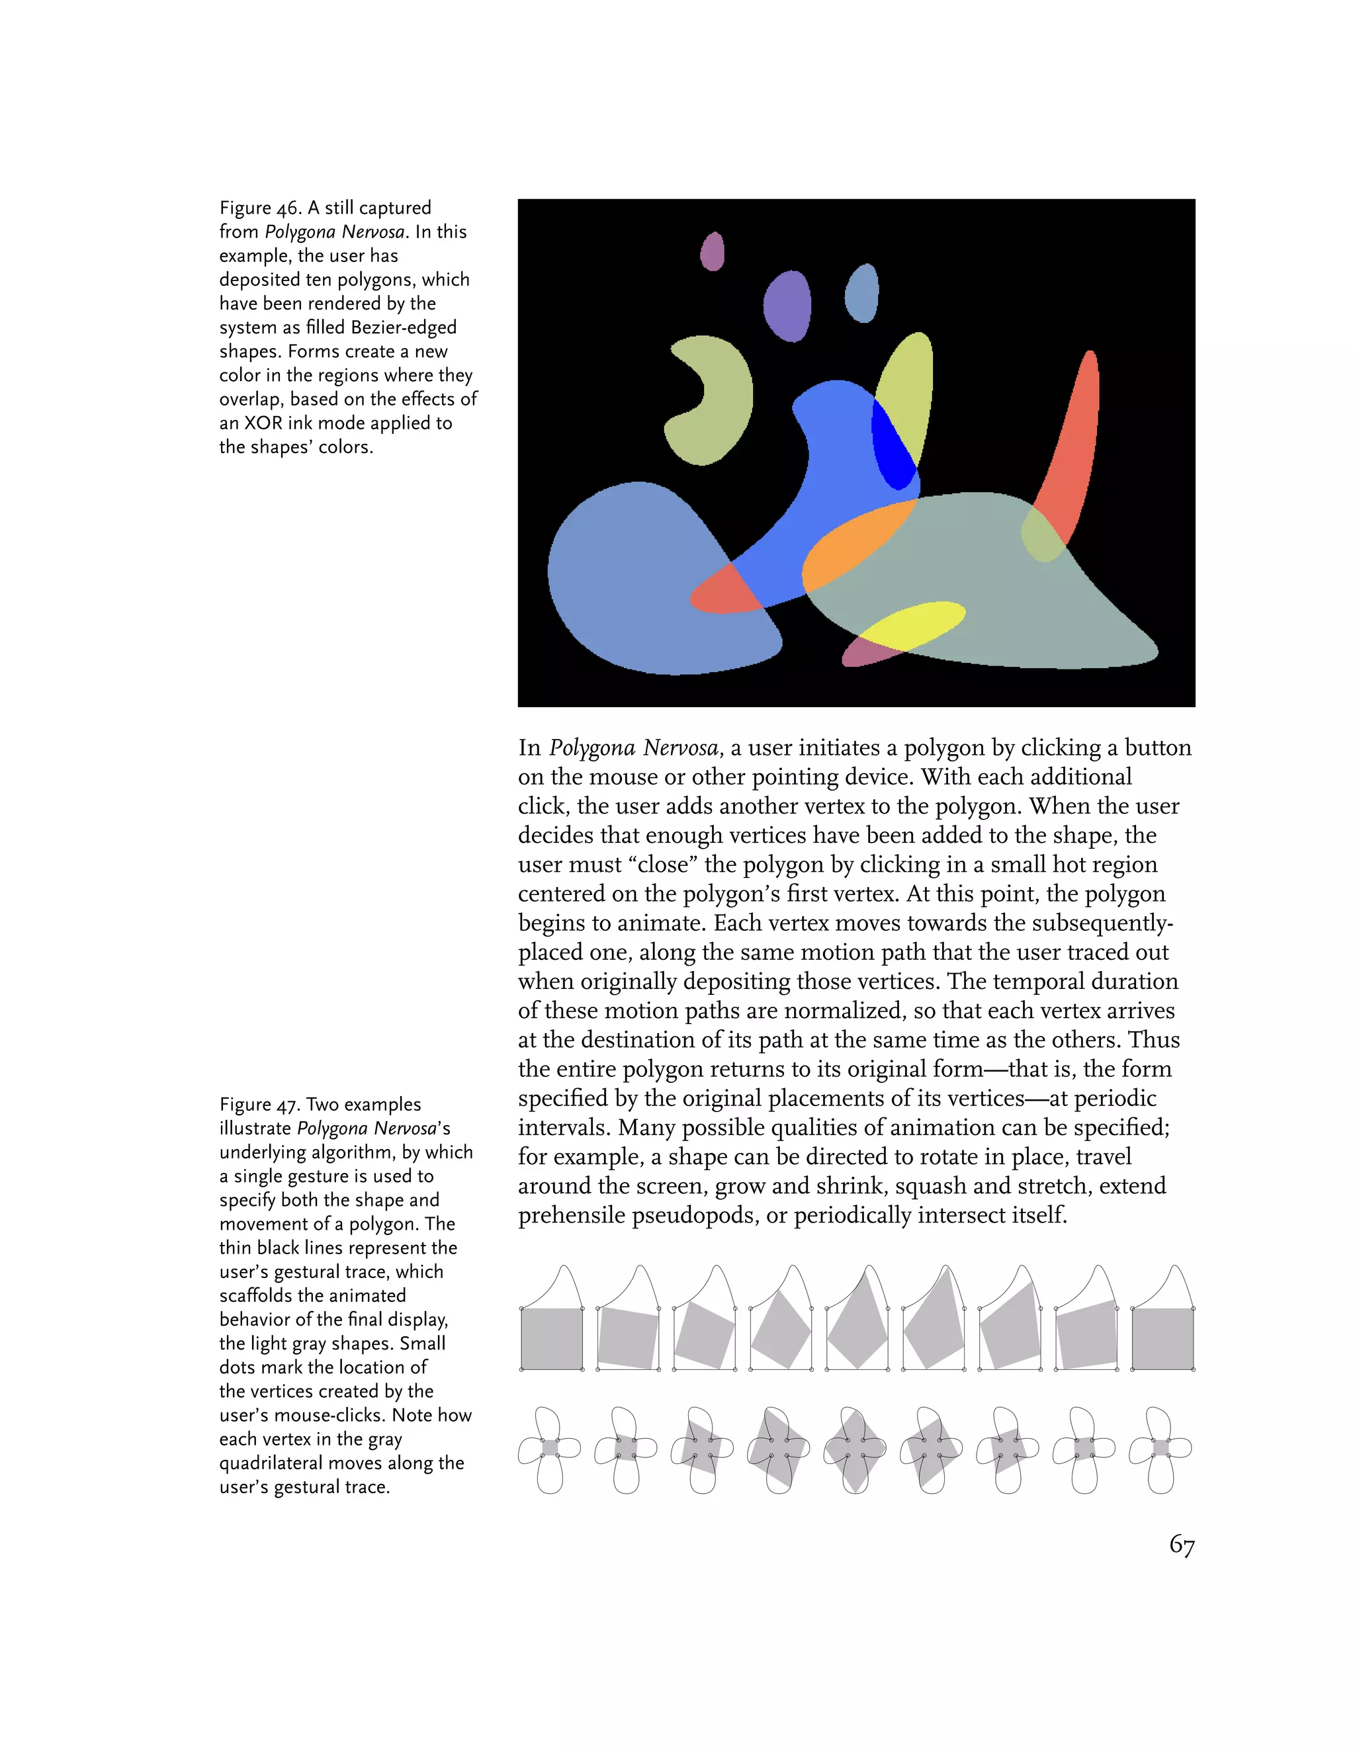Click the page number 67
pyautogui.click(x=1182, y=1545)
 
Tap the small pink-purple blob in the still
pyautogui.click(x=712, y=251)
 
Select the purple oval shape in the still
pyautogui.click(x=787, y=306)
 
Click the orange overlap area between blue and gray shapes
pyautogui.click(x=855, y=546)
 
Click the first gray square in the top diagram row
pyautogui.click(x=552, y=1338)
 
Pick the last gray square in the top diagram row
pyautogui.click(x=1162, y=1338)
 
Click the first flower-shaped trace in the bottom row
pyautogui.click(x=550, y=1449)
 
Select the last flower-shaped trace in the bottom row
pyautogui.click(x=1160, y=1449)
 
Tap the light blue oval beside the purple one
pyautogui.click(x=863, y=293)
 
